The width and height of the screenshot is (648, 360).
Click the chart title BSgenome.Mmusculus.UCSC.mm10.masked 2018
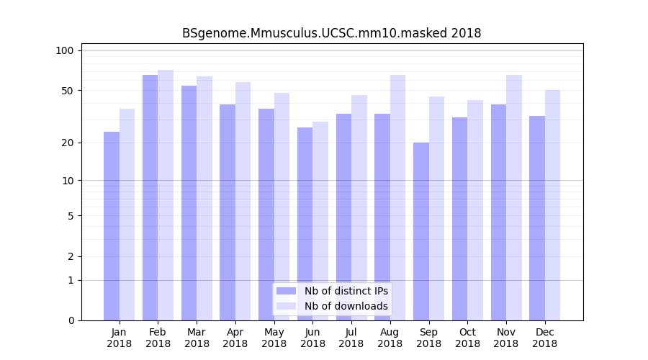(331, 33)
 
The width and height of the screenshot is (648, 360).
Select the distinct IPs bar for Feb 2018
(150, 197)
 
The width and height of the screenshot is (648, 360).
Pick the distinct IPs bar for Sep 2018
(421, 231)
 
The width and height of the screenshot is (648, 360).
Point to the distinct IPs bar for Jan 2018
(112, 226)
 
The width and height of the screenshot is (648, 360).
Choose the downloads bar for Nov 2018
(514, 197)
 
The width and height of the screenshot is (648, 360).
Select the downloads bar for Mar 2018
(204, 198)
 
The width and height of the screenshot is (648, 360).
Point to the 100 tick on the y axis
(65, 50)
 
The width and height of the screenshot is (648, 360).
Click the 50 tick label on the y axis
(67, 91)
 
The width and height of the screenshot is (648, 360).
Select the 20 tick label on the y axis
(67, 143)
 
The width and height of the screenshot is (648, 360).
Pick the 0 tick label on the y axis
(70, 320)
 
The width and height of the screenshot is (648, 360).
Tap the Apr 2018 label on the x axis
(235, 338)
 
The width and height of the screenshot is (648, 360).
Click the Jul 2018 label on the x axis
(351, 338)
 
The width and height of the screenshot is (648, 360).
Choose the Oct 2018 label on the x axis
(467, 338)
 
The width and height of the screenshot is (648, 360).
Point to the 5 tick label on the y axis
(70, 215)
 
